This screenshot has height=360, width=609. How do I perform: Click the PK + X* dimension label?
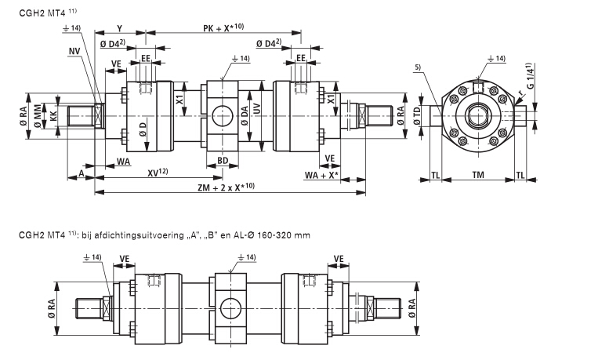coord(221,27)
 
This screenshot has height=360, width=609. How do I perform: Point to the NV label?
coord(74,52)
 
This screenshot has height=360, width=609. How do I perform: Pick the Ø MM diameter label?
coord(38,114)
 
